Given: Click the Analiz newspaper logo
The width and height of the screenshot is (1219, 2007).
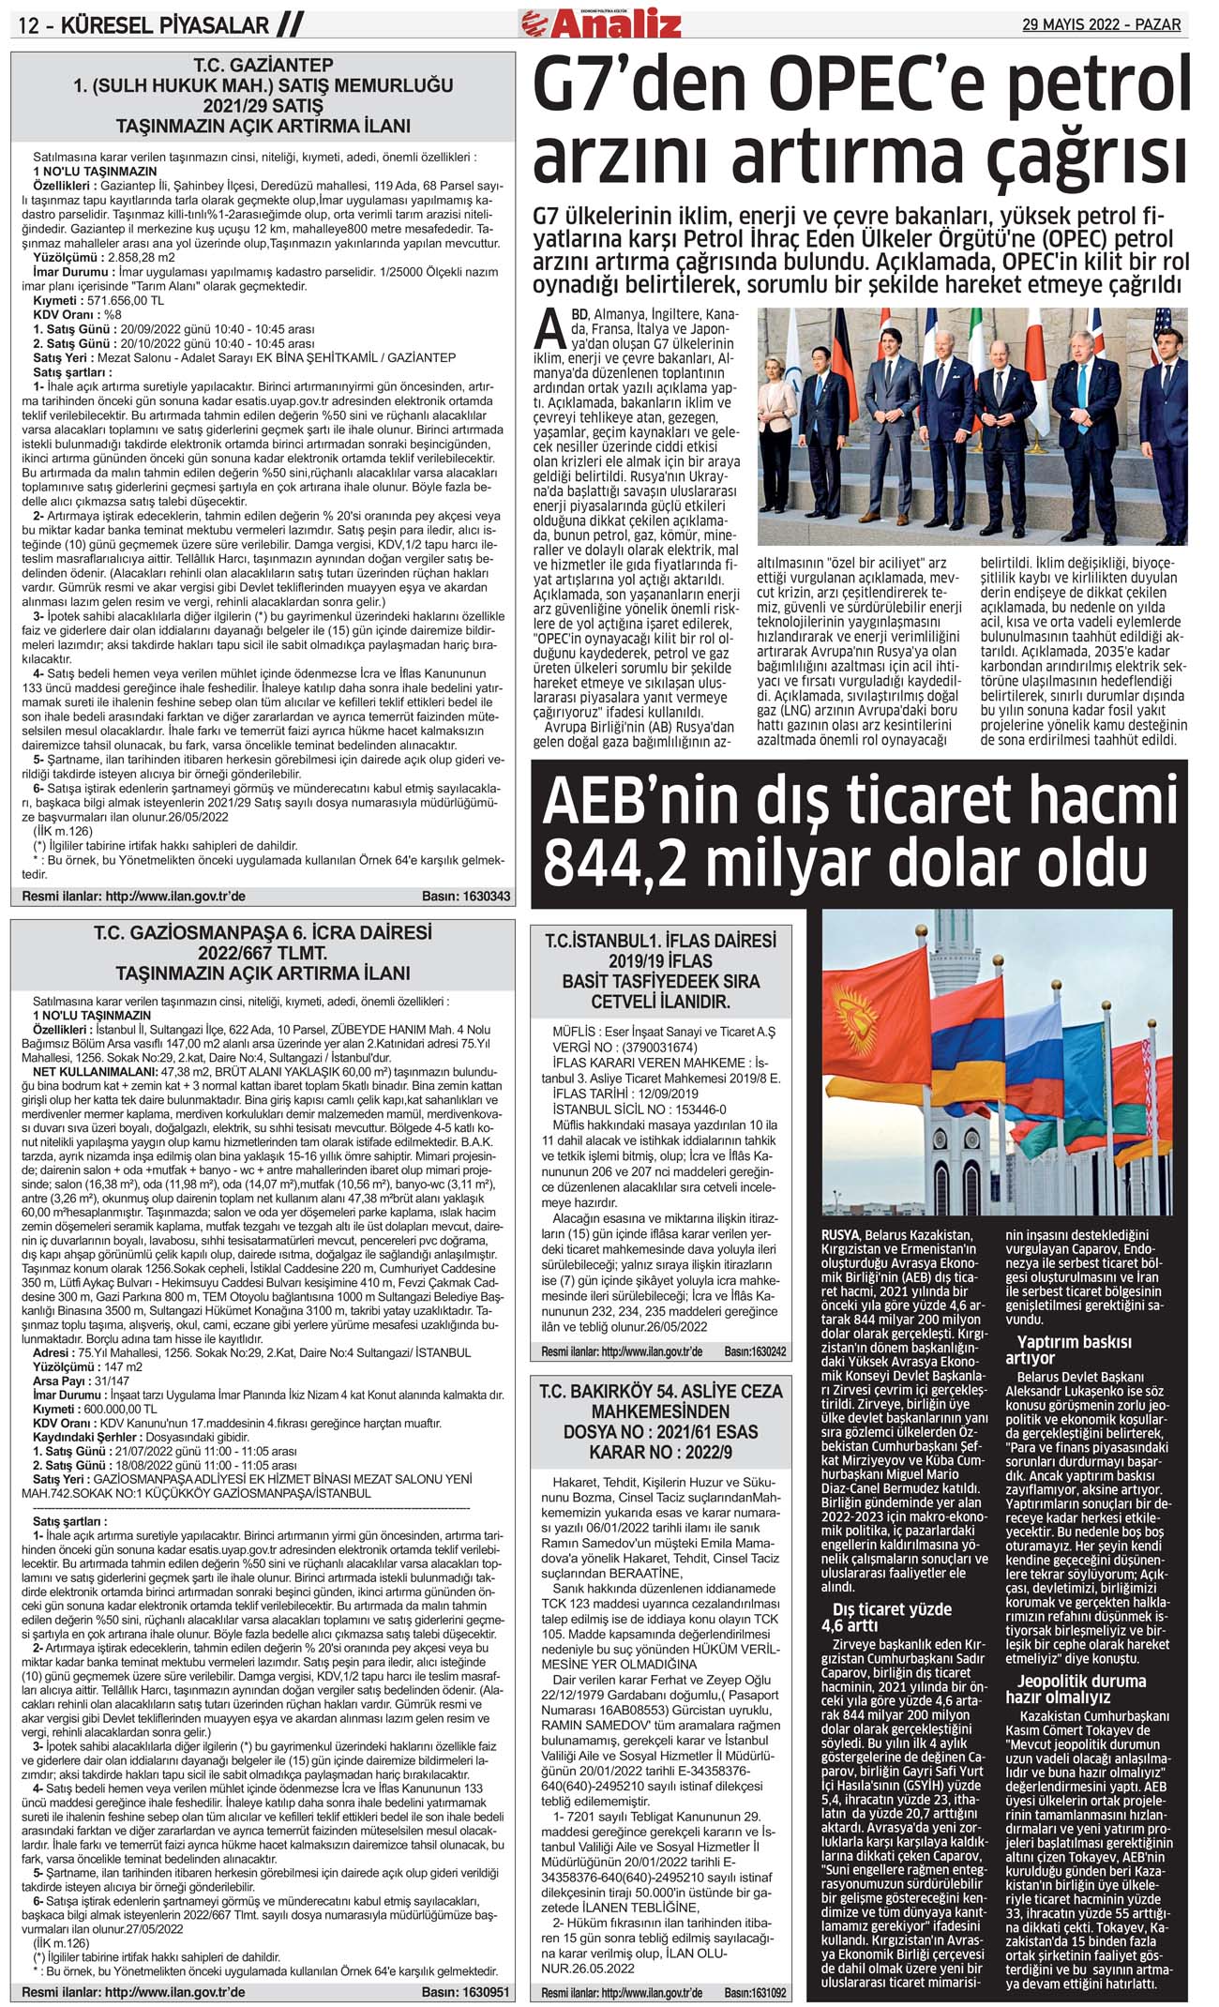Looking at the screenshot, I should coord(614,23).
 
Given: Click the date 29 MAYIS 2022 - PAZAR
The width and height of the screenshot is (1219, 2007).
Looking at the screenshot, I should coord(1101,24).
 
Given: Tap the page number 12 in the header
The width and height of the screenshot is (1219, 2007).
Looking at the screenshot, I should coord(29,25).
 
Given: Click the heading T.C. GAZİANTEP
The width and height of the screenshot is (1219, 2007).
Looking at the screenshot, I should coord(263,66).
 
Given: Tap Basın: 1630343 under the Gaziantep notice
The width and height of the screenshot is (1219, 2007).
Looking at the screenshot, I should coord(466,897).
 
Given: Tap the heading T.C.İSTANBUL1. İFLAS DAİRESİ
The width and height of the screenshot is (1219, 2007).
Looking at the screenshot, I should coord(660,941).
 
